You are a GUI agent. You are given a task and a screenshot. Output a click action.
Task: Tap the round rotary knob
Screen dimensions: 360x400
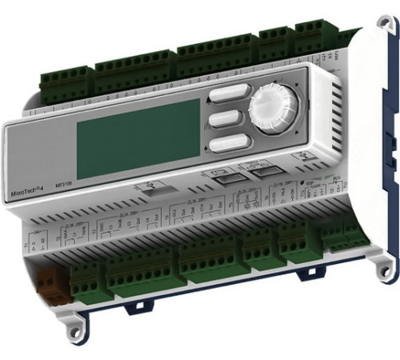coord(272,110)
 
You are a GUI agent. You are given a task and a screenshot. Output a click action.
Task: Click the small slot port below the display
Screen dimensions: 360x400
coord(159,186)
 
